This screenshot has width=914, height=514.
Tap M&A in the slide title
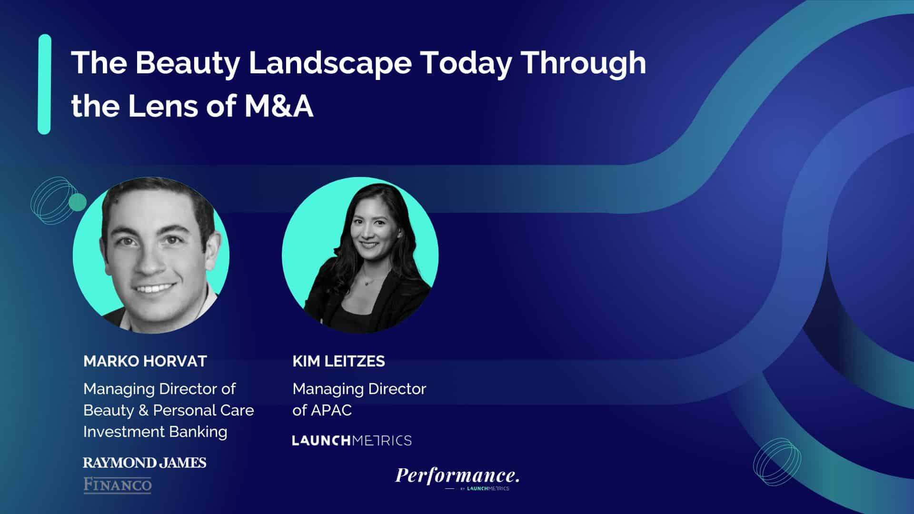279,106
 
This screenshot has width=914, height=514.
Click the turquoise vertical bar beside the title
44,84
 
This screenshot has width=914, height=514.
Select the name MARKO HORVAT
145,361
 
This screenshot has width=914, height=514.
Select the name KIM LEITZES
338,361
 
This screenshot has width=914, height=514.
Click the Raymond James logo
145,463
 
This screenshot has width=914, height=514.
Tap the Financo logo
118,485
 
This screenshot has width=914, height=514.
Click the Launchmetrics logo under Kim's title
352,440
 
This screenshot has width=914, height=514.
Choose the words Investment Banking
155,432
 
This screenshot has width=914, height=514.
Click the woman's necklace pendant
365,282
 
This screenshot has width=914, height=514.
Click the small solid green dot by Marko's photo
78,202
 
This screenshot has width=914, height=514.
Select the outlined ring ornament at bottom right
777,462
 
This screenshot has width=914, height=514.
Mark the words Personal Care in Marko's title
203,410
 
